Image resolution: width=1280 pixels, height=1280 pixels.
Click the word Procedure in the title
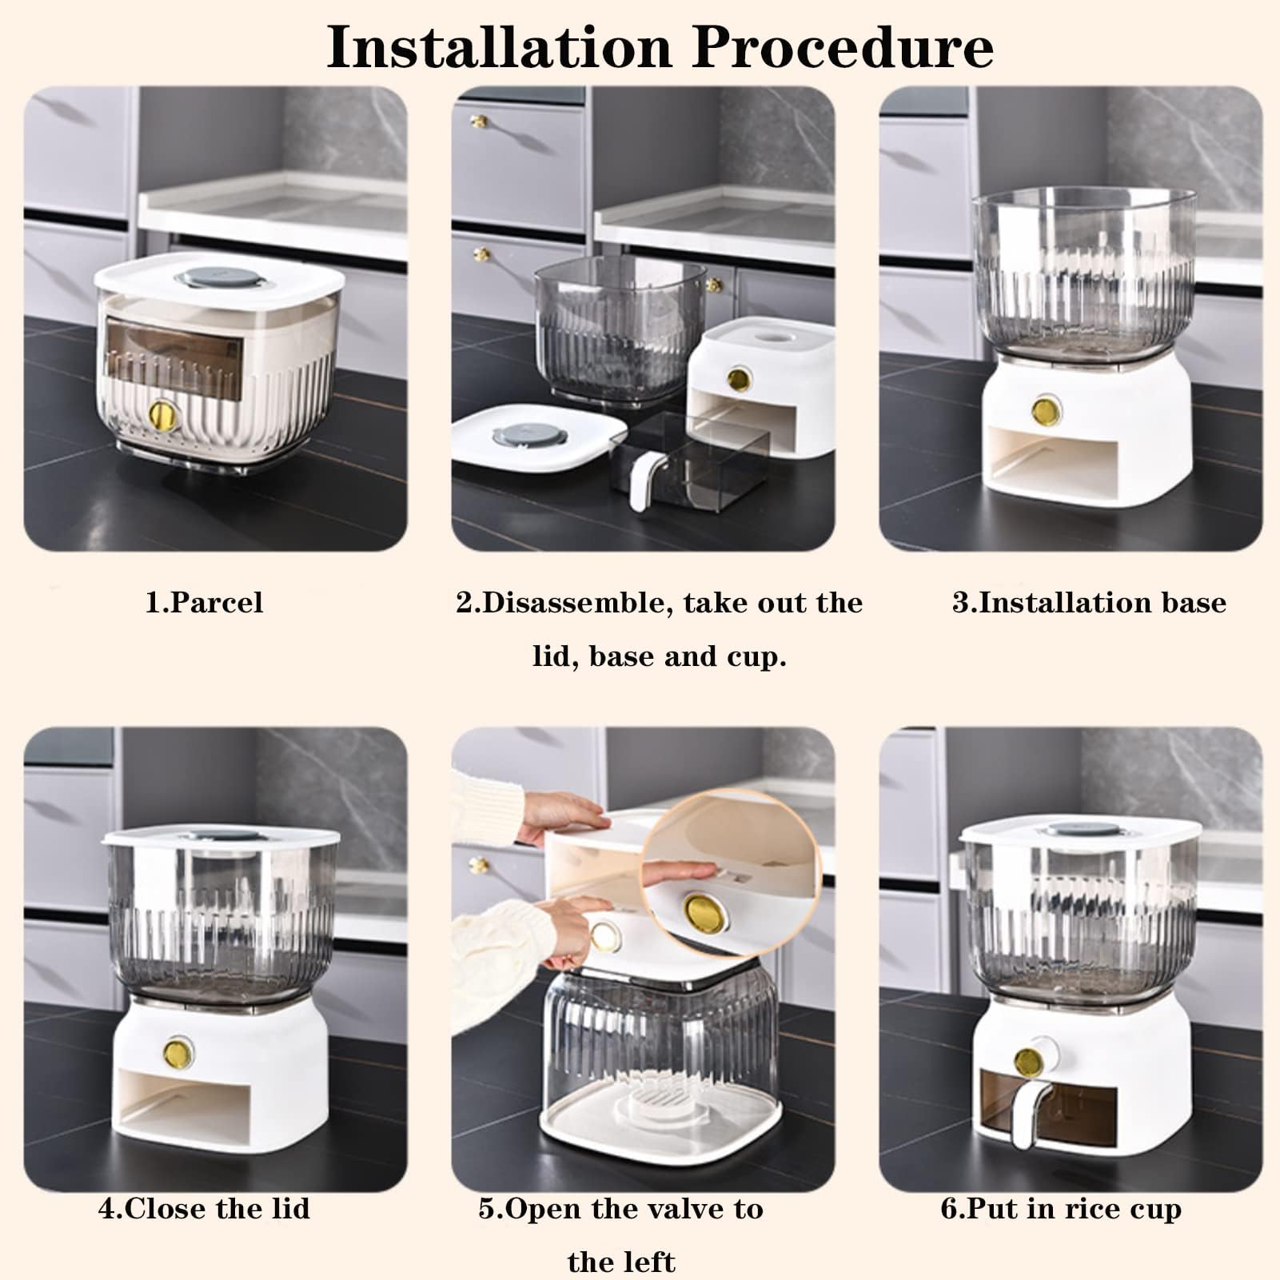tap(843, 47)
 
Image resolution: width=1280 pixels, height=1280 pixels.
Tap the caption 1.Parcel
tap(204, 602)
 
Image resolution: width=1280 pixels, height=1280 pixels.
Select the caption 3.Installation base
tap(1089, 602)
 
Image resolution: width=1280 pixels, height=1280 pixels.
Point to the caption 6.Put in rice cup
tap(1061, 1208)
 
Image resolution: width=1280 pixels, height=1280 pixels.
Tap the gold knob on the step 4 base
tap(178, 1052)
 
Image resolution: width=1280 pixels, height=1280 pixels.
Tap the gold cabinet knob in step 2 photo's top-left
tap(481, 121)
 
